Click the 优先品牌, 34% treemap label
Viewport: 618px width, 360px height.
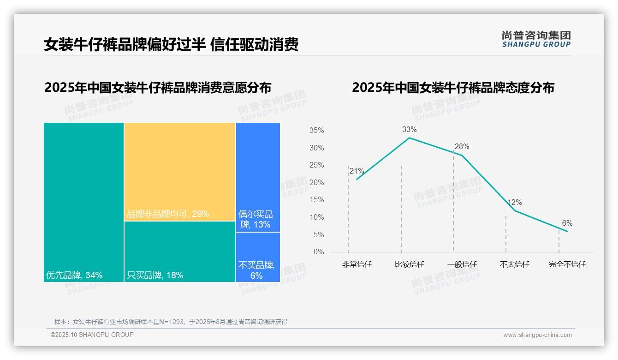(x=74, y=276)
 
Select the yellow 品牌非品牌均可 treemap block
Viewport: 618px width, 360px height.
(x=180, y=172)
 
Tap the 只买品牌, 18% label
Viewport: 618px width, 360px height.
(x=155, y=276)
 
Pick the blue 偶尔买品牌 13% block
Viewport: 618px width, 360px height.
(x=258, y=177)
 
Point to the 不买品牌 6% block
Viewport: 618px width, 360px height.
(x=258, y=257)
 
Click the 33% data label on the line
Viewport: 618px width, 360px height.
(x=409, y=130)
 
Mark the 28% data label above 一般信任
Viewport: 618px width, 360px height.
(x=462, y=147)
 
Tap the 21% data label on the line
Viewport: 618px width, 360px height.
(x=357, y=171)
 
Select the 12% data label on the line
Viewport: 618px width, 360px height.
(x=514, y=203)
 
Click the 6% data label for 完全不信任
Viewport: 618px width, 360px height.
(x=567, y=223)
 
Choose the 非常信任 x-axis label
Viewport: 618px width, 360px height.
(x=357, y=264)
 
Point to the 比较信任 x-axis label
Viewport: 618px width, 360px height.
(x=409, y=264)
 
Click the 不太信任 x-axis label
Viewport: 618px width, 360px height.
(x=514, y=264)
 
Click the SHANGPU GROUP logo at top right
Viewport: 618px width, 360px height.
(x=536, y=39)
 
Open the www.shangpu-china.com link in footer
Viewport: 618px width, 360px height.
(x=537, y=335)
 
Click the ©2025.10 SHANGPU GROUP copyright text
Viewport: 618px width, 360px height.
(x=92, y=335)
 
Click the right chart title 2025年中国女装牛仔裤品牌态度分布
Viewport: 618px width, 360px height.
(x=453, y=88)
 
